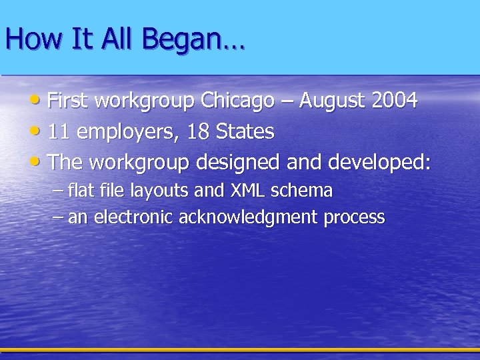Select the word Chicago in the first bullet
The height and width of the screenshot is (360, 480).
click(237, 101)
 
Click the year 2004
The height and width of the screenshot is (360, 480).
click(395, 101)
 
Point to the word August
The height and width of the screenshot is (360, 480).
click(332, 101)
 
